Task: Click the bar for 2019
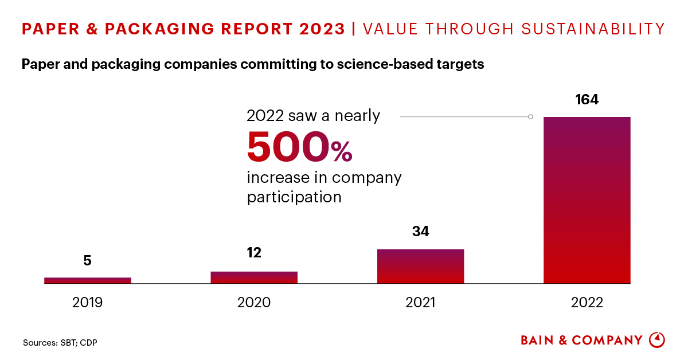coord(88,280)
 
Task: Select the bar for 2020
coord(254,277)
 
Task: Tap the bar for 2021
coord(420,266)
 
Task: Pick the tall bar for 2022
coord(587,200)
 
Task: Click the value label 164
coord(587,100)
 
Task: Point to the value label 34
coord(420,232)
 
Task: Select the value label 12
coord(254,253)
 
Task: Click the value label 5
coord(88,261)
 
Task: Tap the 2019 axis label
coord(88,303)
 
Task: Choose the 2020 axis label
coord(254,303)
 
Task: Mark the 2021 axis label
coord(420,303)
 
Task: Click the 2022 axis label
coord(587,303)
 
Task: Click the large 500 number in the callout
coord(288,147)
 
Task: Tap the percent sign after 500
coord(342,152)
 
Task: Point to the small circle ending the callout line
coord(530,117)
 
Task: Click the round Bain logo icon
coord(657,340)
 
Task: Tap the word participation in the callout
coord(294,197)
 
